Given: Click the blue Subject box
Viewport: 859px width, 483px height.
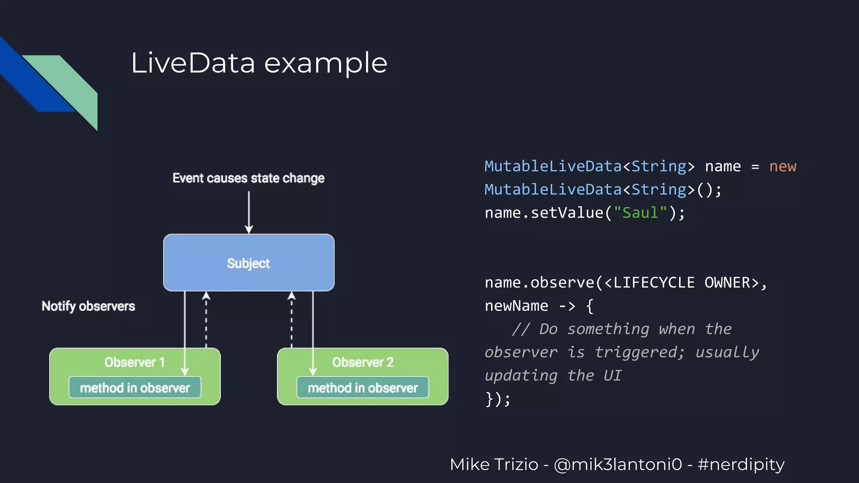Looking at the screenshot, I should coord(249,262).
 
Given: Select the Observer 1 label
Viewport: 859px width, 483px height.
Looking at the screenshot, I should coord(134,362).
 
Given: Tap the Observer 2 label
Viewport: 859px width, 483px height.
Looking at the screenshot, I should coord(363,362).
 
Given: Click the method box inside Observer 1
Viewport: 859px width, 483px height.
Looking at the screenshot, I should coord(135,388).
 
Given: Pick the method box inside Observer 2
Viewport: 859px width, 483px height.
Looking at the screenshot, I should coord(362,388).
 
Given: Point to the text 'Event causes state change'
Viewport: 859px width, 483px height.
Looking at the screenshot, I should coord(248,178).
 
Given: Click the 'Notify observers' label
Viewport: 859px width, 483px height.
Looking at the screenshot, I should coord(88,306).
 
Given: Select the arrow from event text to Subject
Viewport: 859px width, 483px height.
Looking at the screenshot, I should coord(249,212).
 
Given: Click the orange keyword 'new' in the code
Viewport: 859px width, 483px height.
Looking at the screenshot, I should coord(782,166).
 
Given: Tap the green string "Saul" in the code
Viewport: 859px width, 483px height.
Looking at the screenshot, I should coord(640,213).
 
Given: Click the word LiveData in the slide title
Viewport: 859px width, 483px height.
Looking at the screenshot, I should coord(193,63).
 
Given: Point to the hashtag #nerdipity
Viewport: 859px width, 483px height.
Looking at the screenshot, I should coord(741,465).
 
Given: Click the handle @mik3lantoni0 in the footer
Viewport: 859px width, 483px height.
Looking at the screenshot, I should coord(618,465).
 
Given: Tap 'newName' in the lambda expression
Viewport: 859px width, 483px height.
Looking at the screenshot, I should coord(516,306).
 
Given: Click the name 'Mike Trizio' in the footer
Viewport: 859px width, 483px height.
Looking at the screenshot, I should coord(494,465).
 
